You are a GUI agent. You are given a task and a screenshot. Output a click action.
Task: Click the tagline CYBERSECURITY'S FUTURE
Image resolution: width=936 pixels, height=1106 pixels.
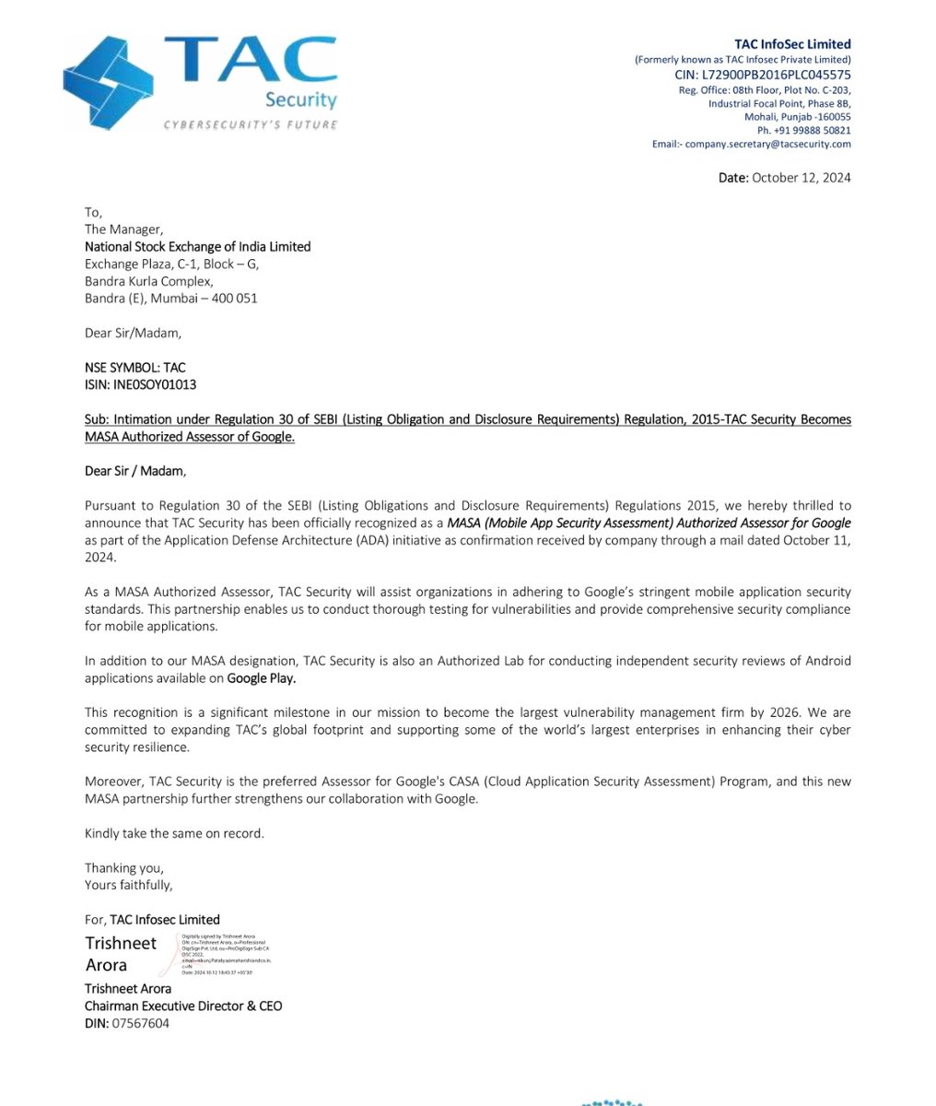251,124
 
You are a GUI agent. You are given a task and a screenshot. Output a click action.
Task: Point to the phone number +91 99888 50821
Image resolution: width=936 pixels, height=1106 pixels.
803,131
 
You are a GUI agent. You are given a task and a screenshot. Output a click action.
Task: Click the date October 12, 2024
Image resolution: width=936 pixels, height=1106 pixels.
800,177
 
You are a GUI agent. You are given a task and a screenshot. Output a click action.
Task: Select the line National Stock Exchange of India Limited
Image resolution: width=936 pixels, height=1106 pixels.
197,247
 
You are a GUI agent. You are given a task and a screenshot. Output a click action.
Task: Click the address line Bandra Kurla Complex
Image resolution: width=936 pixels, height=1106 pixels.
148,281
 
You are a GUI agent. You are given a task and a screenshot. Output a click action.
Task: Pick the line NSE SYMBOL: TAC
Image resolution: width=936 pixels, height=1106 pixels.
135,368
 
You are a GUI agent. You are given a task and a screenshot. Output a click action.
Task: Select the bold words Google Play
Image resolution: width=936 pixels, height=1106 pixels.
262,678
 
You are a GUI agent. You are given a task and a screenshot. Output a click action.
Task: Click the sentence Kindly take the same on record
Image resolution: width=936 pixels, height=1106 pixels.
174,833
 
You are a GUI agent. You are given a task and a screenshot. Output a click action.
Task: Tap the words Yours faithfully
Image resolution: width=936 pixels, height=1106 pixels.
128,885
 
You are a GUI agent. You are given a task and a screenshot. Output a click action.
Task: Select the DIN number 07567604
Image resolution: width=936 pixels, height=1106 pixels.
141,1023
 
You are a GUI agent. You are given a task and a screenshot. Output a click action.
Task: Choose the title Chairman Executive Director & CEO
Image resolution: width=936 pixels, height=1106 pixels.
183,1006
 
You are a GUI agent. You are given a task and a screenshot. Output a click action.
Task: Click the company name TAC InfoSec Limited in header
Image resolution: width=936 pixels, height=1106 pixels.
792,44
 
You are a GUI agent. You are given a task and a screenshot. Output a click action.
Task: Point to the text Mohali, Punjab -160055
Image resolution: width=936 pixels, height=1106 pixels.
797,117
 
